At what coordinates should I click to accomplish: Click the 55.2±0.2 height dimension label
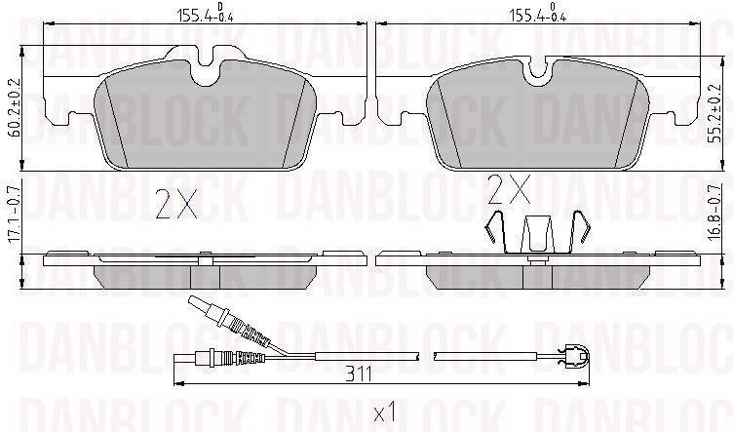point(714,115)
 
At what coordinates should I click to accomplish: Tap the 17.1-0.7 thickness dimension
point(13,215)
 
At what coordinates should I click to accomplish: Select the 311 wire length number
point(359,374)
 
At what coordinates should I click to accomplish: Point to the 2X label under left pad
point(176,204)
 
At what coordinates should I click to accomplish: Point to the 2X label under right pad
point(509,189)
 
